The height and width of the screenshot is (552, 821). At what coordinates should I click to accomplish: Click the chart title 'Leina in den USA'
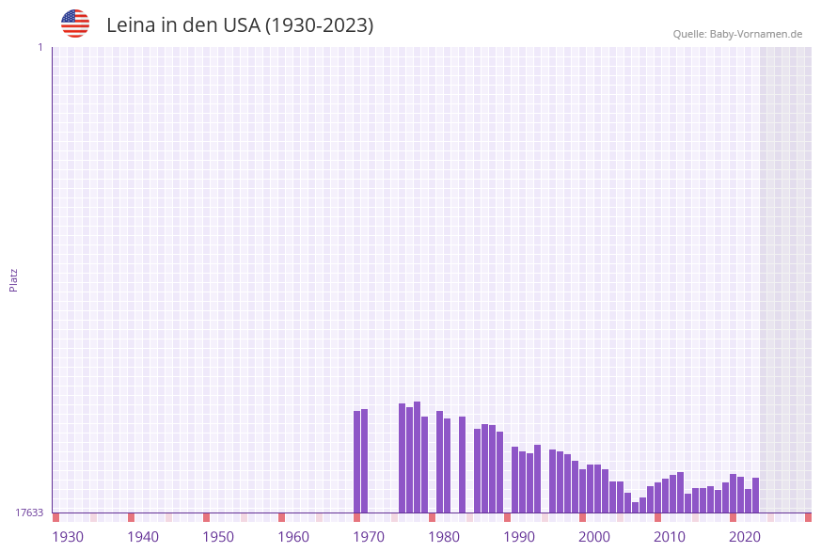pyautogui.click(x=240, y=25)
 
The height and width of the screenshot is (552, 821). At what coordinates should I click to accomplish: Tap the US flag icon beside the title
pyautogui.click(x=75, y=24)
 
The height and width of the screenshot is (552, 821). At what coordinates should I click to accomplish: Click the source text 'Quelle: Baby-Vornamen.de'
pyautogui.click(x=737, y=34)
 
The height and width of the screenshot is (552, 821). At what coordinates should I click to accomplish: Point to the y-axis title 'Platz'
pyautogui.click(x=14, y=279)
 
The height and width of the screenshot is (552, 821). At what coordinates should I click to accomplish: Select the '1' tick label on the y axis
pyautogui.click(x=40, y=47)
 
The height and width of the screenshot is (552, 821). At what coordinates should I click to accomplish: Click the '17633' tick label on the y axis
pyautogui.click(x=29, y=513)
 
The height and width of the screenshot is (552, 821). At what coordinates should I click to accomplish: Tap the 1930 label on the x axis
pyautogui.click(x=68, y=537)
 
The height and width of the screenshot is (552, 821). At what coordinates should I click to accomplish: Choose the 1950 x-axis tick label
pyautogui.click(x=218, y=537)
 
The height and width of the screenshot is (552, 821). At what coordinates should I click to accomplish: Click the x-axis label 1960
pyautogui.click(x=293, y=537)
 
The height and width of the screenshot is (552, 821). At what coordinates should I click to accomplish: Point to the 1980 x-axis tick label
pyautogui.click(x=444, y=537)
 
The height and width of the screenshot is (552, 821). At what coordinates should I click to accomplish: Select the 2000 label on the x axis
pyautogui.click(x=594, y=537)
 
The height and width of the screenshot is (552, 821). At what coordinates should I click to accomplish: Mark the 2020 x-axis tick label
pyautogui.click(x=745, y=537)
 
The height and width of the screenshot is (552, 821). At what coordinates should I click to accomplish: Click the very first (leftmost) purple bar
pyautogui.click(x=357, y=462)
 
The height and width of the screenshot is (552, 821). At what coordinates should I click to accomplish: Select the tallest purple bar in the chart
pyautogui.click(x=418, y=457)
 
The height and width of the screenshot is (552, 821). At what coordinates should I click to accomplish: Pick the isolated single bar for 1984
pyautogui.click(x=463, y=465)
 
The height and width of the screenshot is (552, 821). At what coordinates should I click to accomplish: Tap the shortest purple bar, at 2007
pyautogui.click(x=636, y=508)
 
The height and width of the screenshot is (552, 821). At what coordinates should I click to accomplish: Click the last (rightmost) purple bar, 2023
pyautogui.click(x=756, y=495)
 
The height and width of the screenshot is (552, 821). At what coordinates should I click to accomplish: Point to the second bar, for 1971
pyautogui.click(x=365, y=461)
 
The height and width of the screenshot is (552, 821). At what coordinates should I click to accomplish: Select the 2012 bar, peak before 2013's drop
pyautogui.click(x=681, y=492)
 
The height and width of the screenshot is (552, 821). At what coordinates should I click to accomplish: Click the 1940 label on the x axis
pyautogui.click(x=143, y=537)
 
